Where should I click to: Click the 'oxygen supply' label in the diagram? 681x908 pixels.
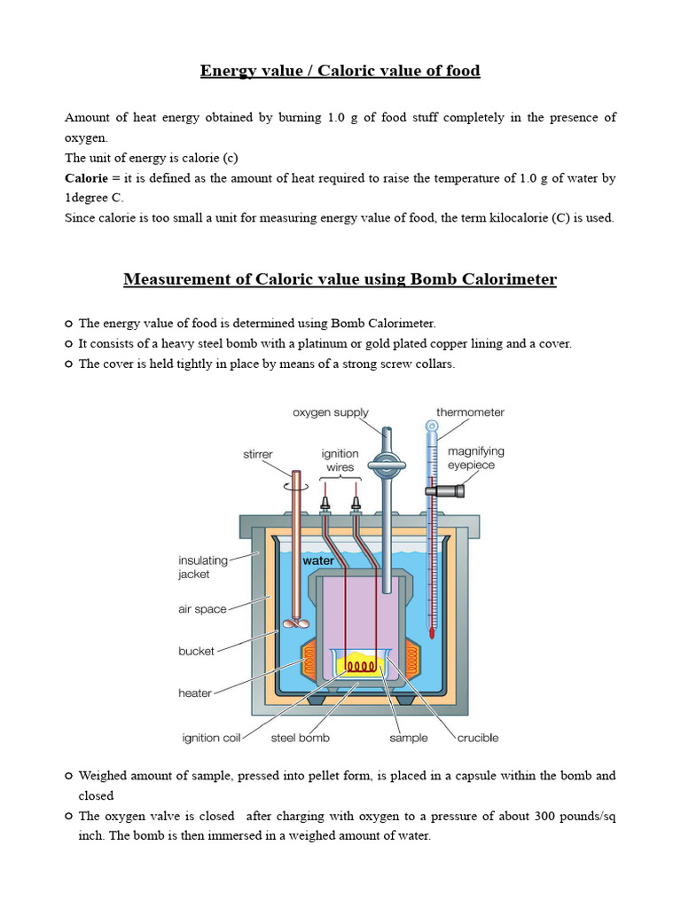tap(331, 412)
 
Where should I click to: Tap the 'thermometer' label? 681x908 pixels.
tap(470, 412)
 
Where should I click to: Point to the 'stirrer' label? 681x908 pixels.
tap(258, 454)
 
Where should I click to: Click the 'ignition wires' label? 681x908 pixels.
tap(340, 460)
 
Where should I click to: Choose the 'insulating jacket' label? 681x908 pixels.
tap(203, 567)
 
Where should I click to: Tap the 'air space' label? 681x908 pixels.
tap(203, 609)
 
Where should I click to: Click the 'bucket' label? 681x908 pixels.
tap(196, 651)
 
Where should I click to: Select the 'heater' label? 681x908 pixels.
tap(195, 693)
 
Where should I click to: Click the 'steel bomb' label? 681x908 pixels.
tap(301, 738)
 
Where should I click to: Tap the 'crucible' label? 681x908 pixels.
tap(478, 738)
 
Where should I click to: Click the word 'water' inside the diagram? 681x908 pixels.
tap(318, 561)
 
